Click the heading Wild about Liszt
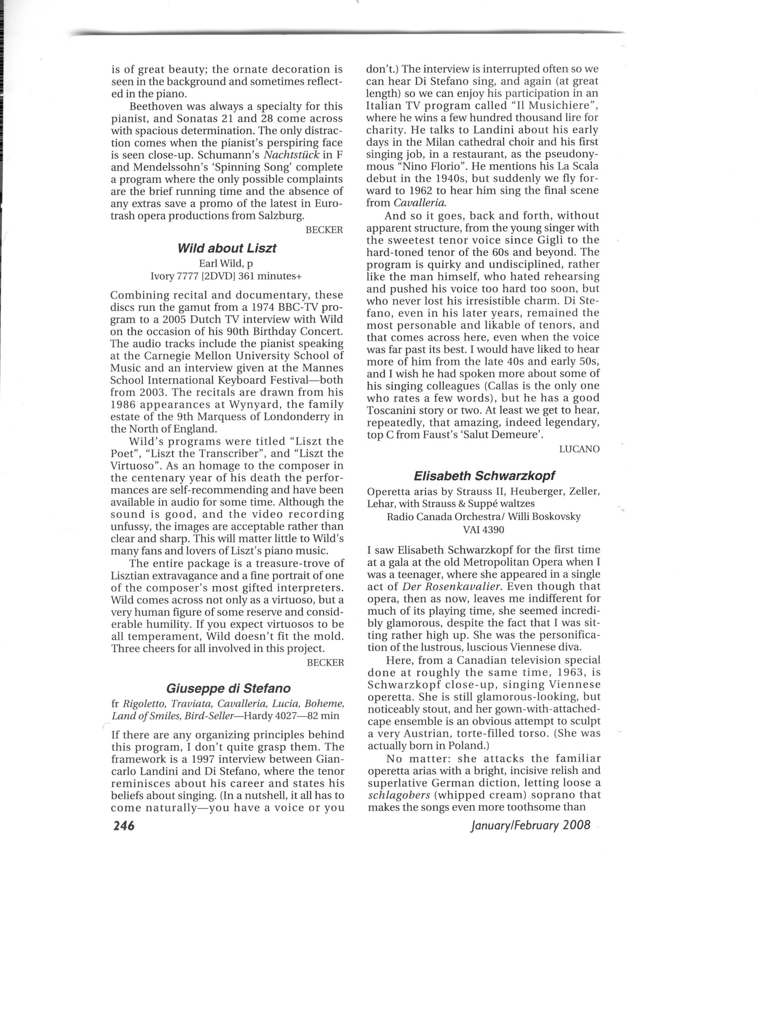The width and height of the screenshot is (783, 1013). click(x=227, y=248)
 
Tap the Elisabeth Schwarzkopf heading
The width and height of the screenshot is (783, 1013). click(x=484, y=476)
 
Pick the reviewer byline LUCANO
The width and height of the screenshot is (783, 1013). click(x=579, y=449)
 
